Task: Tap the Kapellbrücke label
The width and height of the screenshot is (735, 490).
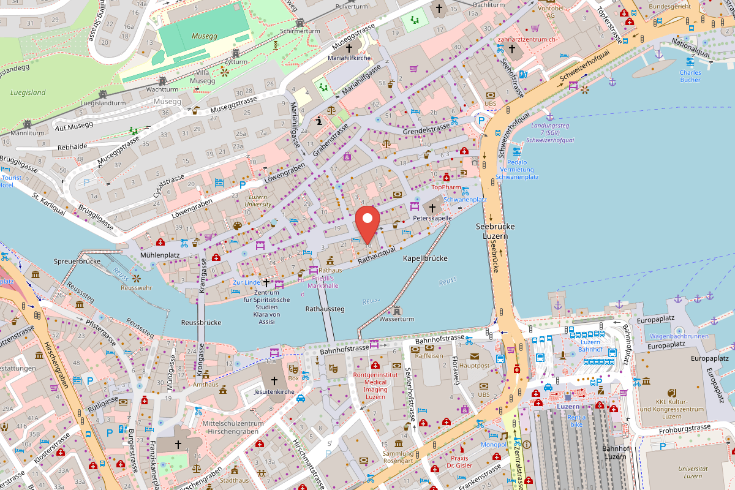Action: (425, 258)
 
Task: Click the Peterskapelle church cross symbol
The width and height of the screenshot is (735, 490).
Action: (433, 208)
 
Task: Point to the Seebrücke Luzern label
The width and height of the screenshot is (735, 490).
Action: (496, 231)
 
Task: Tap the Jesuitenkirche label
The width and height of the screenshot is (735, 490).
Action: (269, 390)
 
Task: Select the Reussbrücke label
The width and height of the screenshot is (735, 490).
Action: (201, 322)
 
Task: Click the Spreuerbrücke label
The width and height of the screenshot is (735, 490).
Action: (77, 261)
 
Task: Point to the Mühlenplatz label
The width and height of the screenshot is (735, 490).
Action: (159, 255)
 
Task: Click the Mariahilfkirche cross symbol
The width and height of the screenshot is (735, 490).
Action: (350, 48)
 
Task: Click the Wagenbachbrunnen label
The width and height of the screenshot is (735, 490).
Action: (679, 336)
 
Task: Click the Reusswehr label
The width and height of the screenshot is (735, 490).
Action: (136, 287)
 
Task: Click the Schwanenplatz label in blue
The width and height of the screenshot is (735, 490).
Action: (465, 200)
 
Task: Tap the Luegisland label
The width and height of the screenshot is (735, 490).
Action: (28, 92)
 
